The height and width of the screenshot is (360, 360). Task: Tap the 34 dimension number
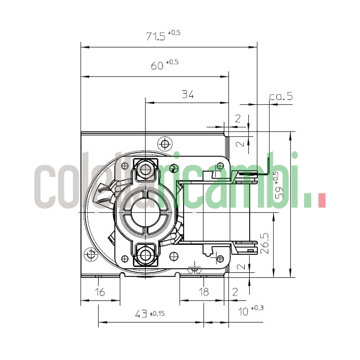coord(188,94)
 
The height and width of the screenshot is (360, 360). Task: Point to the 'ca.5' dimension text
coord(281,96)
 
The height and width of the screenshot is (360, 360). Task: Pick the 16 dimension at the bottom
coord(100,292)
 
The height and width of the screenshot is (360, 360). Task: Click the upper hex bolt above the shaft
coord(145,170)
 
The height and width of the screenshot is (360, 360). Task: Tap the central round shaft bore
coord(145,212)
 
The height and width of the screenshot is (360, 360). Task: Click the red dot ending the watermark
coord(321,201)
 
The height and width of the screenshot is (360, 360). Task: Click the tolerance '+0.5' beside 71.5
coord(174,33)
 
